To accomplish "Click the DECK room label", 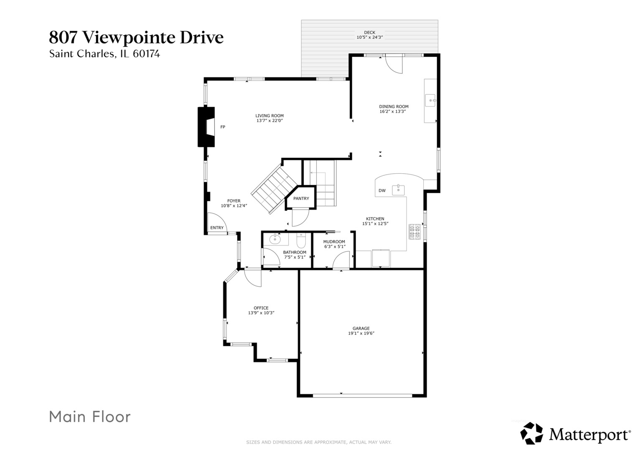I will [x=369, y=33].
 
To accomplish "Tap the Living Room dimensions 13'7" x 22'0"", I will [x=269, y=121].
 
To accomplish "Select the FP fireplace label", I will [x=223, y=127].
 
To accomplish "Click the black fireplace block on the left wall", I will [x=206, y=127].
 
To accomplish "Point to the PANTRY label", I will [x=301, y=198].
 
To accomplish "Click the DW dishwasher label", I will [x=382, y=191].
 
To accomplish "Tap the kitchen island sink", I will [x=399, y=190].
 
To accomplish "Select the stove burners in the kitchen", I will [x=414, y=232].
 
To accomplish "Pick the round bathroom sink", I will [x=275, y=240].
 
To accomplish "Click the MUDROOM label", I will [x=334, y=242].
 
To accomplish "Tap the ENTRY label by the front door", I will [x=217, y=228].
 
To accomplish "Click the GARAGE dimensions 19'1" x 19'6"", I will [x=361, y=333].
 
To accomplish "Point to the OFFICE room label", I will [x=261, y=308].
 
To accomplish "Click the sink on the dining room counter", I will [x=430, y=101].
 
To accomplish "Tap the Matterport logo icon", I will [x=531, y=433].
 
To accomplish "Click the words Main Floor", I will [x=90, y=417].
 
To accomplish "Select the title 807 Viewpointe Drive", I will [x=136, y=37].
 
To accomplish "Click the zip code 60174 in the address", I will [x=146, y=54].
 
